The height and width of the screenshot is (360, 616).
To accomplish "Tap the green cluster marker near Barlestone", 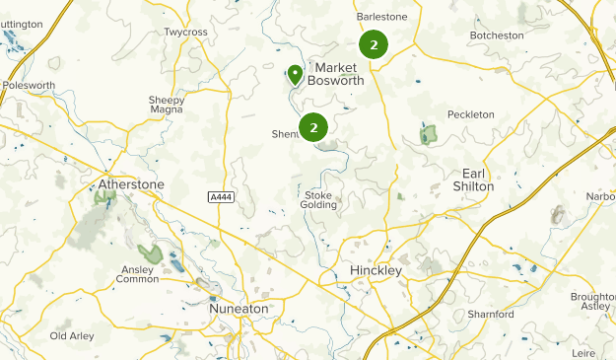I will point(373,44).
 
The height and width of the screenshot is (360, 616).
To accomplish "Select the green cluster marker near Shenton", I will point(313,127).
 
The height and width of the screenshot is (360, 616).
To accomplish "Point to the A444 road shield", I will point(221,198).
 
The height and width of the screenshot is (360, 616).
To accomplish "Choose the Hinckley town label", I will point(376,270).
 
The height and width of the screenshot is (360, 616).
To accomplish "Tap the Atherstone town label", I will point(131,184).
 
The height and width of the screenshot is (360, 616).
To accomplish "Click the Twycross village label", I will point(186,33).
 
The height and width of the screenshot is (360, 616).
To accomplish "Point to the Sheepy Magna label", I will point(167,105).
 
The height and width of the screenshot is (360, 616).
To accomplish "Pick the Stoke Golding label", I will point(319,200).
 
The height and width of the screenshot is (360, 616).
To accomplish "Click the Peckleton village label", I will point(470,114).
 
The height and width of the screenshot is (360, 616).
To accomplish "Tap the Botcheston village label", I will point(498,36).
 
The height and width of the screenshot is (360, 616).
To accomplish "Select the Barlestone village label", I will point(381,17).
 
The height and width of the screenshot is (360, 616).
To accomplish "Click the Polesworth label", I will point(29,86).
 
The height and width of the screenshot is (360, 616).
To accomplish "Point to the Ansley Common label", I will point(137,273).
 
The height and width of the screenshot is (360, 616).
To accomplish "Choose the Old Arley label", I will point(72,336).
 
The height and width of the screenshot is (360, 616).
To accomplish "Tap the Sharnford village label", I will point(492,314).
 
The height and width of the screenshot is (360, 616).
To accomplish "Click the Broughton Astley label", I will point(593,302).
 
